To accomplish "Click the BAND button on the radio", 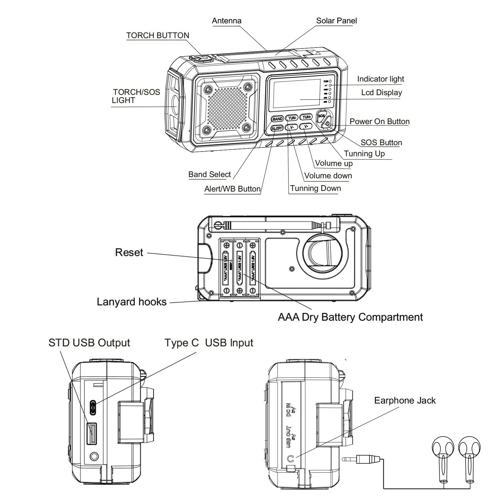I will [278, 119].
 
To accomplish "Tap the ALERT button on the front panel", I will [277, 128].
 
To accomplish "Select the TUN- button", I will [292, 118].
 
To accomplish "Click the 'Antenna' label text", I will [226, 21].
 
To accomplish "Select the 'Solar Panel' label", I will [336, 21].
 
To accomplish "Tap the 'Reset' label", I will [129, 252].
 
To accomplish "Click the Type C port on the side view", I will [93, 408].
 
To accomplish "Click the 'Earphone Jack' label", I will [404, 400].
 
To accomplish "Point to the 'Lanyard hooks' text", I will [131, 302].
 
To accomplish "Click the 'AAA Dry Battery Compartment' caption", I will [350, 317].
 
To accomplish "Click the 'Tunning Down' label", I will [315, 188].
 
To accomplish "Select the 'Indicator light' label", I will [380, 79].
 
